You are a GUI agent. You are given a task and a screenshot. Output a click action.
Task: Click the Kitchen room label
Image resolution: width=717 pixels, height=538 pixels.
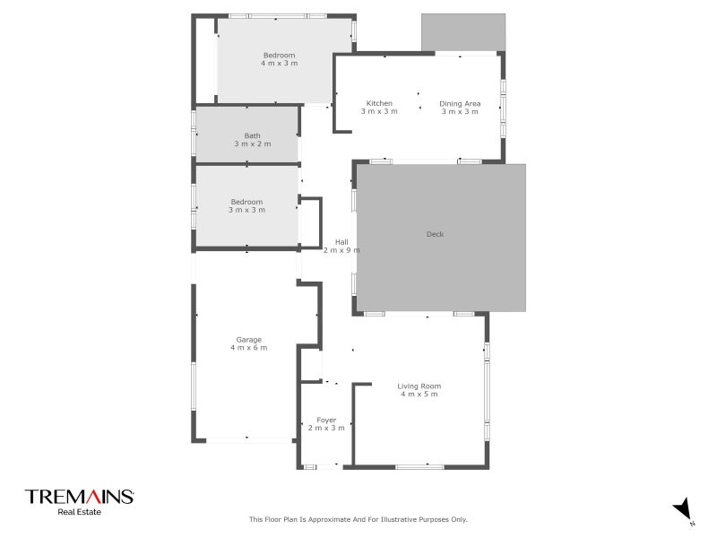[x=379, y=103]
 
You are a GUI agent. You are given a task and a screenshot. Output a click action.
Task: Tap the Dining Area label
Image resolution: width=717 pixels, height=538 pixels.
[x=460, y=103]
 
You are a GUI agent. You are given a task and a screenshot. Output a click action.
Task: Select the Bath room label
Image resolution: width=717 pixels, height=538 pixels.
[x=253, y=135]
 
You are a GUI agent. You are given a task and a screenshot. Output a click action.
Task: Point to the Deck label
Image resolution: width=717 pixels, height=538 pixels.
[x=435, y=235]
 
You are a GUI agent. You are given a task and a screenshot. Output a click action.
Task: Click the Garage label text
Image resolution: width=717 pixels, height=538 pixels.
[x=248, y=339]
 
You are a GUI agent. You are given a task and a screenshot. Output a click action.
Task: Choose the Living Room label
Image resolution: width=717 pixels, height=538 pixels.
[x=419, y=386]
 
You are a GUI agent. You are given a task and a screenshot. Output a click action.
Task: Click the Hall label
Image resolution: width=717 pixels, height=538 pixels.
[x=341, y=241]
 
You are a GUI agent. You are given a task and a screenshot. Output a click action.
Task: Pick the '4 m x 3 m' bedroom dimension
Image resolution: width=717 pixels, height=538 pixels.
[x=279, y=64]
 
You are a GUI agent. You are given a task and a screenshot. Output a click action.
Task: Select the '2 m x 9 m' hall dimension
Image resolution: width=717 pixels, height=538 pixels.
[x=341, y=250]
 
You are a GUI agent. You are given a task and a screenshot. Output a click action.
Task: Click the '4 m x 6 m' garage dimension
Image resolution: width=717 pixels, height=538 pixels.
[x=248, y=348]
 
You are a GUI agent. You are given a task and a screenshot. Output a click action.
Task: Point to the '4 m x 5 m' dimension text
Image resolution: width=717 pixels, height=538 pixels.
[x=419, y=395]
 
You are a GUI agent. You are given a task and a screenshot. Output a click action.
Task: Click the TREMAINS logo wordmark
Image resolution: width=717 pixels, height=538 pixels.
[x=79, y=497]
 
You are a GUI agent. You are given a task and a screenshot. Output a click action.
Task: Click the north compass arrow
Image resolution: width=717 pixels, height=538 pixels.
[x=684, y=508]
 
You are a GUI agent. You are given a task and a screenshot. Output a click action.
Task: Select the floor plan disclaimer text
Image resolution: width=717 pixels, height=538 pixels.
[x=358, y=519]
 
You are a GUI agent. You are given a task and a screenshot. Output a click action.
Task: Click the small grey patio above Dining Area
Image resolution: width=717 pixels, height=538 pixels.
[x=462, y=32]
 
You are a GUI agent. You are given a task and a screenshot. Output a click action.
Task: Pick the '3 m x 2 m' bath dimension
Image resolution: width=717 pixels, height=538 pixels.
[x=253, y=143]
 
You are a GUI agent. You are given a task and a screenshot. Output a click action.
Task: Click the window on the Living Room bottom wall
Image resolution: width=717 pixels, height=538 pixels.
[x=419, y=466]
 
